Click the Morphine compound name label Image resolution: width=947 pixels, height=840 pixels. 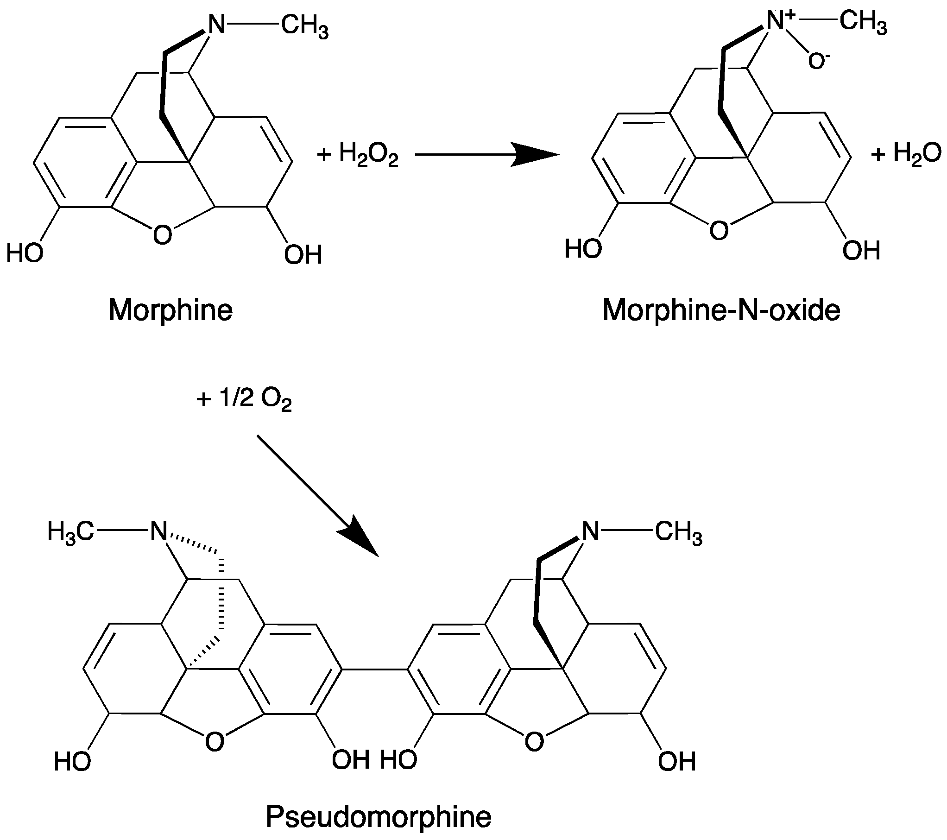pos(170,310)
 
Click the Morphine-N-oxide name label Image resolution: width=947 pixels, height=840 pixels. pos(721,310)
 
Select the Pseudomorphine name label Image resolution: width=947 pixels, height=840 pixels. pos(378,818)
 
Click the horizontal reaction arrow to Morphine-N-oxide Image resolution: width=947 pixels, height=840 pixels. pos(486,155)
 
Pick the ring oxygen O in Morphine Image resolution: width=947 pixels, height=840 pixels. pos(162,235)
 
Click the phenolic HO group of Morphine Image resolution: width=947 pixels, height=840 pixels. pos(25,253)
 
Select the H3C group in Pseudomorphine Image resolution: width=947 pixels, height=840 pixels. pos(70,532)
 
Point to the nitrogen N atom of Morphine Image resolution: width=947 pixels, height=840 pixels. pos(215,24)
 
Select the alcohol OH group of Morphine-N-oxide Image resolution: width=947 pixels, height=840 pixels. pos(861,251)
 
